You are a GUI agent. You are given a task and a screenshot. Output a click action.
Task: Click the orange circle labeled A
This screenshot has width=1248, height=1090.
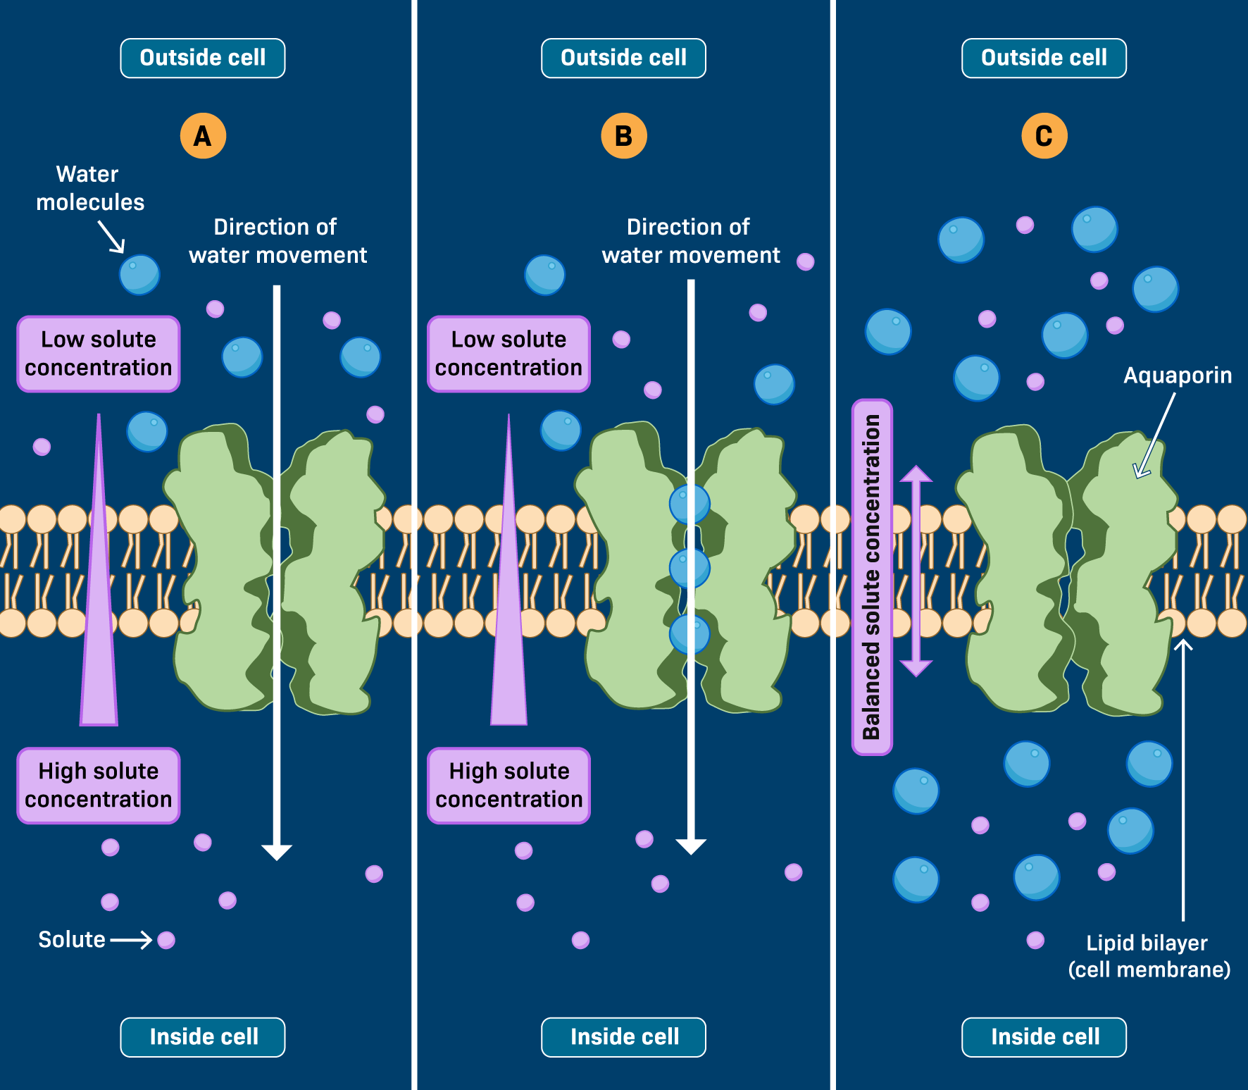point(203,136)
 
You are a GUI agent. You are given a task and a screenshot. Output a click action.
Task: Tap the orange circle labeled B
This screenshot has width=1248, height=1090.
point(623,136)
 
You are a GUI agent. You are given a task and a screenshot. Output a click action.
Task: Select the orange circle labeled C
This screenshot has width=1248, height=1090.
point(1044,136)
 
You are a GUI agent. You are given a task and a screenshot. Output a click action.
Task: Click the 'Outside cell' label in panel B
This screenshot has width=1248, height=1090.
point(623,58)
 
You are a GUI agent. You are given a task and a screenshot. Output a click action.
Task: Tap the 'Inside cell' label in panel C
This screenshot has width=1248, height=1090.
point(1044,1036)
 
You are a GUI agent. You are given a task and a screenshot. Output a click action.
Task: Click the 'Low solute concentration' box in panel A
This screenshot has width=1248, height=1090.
point(99,354)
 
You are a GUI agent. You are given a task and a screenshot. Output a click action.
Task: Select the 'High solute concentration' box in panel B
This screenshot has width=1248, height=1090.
point(508,785)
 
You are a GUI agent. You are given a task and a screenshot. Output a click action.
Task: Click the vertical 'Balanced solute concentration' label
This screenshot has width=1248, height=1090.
point(872,577)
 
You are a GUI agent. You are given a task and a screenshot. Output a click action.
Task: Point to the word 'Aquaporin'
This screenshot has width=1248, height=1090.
point(1177,376)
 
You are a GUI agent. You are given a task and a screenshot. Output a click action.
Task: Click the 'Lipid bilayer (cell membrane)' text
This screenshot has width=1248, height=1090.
point(1148,956)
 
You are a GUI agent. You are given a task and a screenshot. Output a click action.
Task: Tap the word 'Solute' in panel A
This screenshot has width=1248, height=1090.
point(72,939)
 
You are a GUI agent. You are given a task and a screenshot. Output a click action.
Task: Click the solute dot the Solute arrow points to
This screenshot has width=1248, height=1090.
point(166,940)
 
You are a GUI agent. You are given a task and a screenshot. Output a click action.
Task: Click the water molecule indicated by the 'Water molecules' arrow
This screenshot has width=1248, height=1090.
point(139,275)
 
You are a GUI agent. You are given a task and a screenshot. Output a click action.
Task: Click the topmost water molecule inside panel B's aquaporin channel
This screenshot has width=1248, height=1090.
point(689,503)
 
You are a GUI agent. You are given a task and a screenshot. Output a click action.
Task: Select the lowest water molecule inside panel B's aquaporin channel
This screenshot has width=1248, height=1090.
point(689,633)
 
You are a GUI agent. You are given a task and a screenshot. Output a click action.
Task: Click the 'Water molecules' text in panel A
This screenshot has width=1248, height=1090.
point(89,188)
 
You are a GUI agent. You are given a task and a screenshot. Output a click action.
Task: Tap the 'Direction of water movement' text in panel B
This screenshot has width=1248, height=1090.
point(690,241)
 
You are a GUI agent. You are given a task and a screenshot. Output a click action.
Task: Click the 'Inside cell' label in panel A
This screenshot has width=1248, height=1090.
point(203,1036)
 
